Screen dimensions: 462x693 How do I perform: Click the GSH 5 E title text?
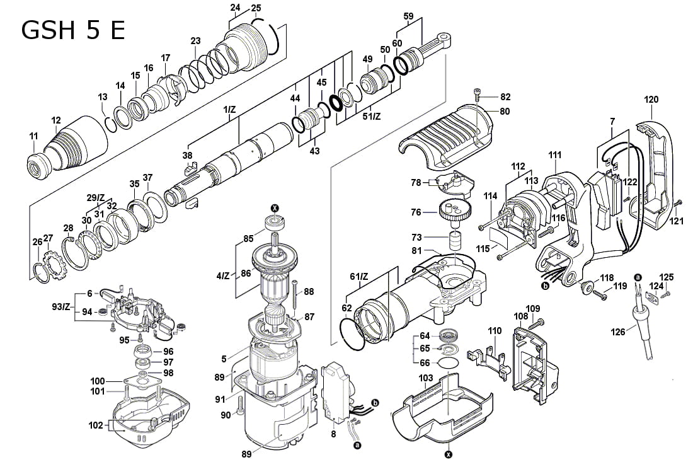coord(72,29)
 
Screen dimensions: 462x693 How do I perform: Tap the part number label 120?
coord(651,100)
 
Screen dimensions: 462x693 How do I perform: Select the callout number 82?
coord(505,96)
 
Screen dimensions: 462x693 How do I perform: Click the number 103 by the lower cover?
coord(426,378)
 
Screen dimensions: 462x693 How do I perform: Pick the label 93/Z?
coord(61,306)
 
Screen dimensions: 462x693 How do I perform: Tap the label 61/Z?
coord(358,276)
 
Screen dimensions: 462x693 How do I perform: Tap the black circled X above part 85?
coord(274,208)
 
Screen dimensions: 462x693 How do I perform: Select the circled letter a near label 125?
coord(637,277)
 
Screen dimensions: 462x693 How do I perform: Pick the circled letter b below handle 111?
coord(544,286)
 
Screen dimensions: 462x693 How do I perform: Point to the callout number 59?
coord(408,16)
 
